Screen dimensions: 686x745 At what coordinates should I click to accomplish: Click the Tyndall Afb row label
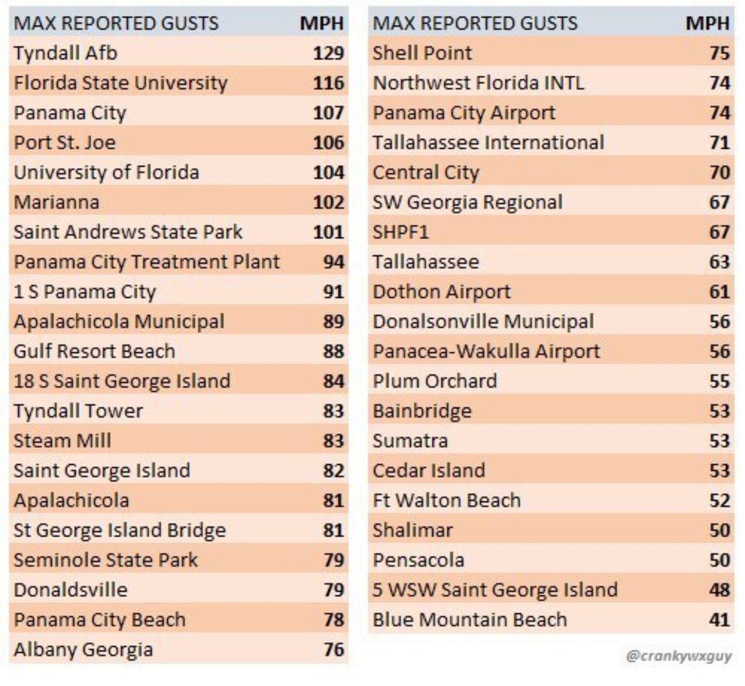pyautogui.click(x=65, y=53)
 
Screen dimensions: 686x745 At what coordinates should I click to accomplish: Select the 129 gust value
pyautogui.click(x=328, y=53)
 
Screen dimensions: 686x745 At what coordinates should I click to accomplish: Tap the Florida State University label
pyautogui.click(x=120, y=83)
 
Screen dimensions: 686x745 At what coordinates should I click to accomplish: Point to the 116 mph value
pyautogui.click(x=328, y=83)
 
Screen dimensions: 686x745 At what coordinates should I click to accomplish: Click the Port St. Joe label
pyautogui.click(x=65, y=143)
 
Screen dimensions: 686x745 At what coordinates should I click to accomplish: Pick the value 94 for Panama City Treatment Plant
pyautogui.click(x=334, y=262)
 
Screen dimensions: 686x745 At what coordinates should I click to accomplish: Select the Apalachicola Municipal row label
pyautogui.click(x=119, y=322)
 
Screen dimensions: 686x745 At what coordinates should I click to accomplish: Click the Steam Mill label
pyautogui.click(x=62, y=441)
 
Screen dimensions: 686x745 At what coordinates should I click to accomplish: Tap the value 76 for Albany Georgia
pyautogui.click(x=334, y=650)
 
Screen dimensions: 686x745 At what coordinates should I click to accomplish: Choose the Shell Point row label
pyautogui.click(x=422, y=53)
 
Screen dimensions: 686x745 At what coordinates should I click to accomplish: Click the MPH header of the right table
pyautogui.click(x=707, y=23)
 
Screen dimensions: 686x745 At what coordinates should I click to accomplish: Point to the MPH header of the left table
pyautogui.click(x=322, y=23)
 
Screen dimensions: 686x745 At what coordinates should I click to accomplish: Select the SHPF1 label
pyautogui.click(x=401, y=232)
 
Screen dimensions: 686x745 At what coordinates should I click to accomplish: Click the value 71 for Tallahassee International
pyautogui.click(x=719, y=143)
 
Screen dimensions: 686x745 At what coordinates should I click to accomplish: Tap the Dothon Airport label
pyautogui.click(x=442, y=292)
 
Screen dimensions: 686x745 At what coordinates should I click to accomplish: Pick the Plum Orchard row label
pyautogui.click(x=434, y=381)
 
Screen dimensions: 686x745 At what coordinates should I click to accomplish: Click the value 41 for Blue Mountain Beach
pyautogui.click(x=719, y=620)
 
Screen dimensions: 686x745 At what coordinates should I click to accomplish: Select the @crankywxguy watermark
pyautogui.click(x=678, y=656)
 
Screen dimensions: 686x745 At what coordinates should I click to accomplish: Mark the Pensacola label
pyautogui.click(x=418, y=561)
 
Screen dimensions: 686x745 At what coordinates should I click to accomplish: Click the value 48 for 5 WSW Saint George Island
pyautogui.click(x=719, y=590)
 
